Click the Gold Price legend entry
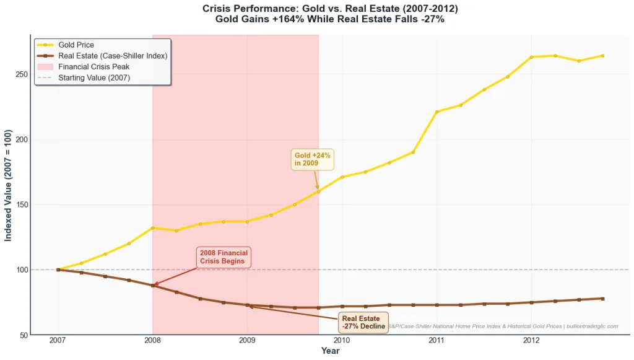coord(75,45)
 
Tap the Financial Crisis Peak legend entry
coord(93,66)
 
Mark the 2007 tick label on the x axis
coord(58,340)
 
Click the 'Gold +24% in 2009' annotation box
coord(313,159)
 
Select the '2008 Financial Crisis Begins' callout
coord(224,257)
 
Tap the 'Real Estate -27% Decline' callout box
coord(363,322)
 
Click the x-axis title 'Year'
coord(330,351)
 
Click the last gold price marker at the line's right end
coord(602,56)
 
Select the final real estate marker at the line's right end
coord(602,299)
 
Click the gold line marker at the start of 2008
coord(152,228)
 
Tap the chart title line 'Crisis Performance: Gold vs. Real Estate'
coord(330,9)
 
